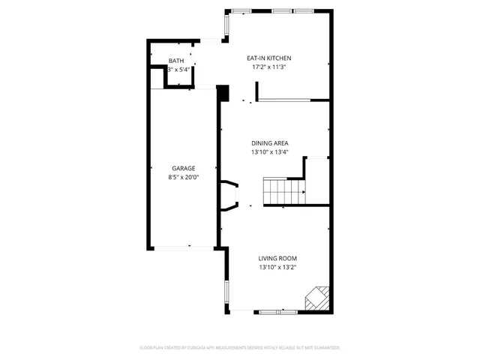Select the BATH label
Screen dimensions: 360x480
click(175, 61)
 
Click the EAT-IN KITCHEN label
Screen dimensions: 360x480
click(269, 58)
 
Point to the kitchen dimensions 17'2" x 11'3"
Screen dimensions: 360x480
click(269, 67)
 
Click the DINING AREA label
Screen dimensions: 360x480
click(270, 142)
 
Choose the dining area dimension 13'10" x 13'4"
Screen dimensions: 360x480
click(270, 152)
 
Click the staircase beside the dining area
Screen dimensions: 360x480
click(283, 192)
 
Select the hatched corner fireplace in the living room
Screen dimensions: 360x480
click(316, 298)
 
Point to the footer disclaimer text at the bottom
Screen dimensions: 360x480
click(240, 348)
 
